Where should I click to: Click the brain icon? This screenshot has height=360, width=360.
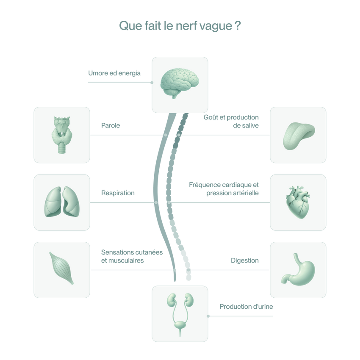180,83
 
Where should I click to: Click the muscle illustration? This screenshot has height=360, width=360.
61,268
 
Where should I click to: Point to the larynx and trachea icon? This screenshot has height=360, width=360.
62,135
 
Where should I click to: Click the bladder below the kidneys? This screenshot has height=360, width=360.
180,326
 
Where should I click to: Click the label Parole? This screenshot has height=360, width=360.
111,125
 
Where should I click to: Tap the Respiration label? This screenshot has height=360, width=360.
118,193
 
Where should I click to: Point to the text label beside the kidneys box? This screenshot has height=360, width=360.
246,306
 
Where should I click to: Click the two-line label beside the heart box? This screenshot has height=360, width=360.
223,189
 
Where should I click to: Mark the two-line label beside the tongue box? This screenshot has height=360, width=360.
231,121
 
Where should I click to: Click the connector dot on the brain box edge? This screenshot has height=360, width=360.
152,83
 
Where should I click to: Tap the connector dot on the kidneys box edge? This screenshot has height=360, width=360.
208,316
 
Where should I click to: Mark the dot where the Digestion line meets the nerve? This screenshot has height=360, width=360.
189,270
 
